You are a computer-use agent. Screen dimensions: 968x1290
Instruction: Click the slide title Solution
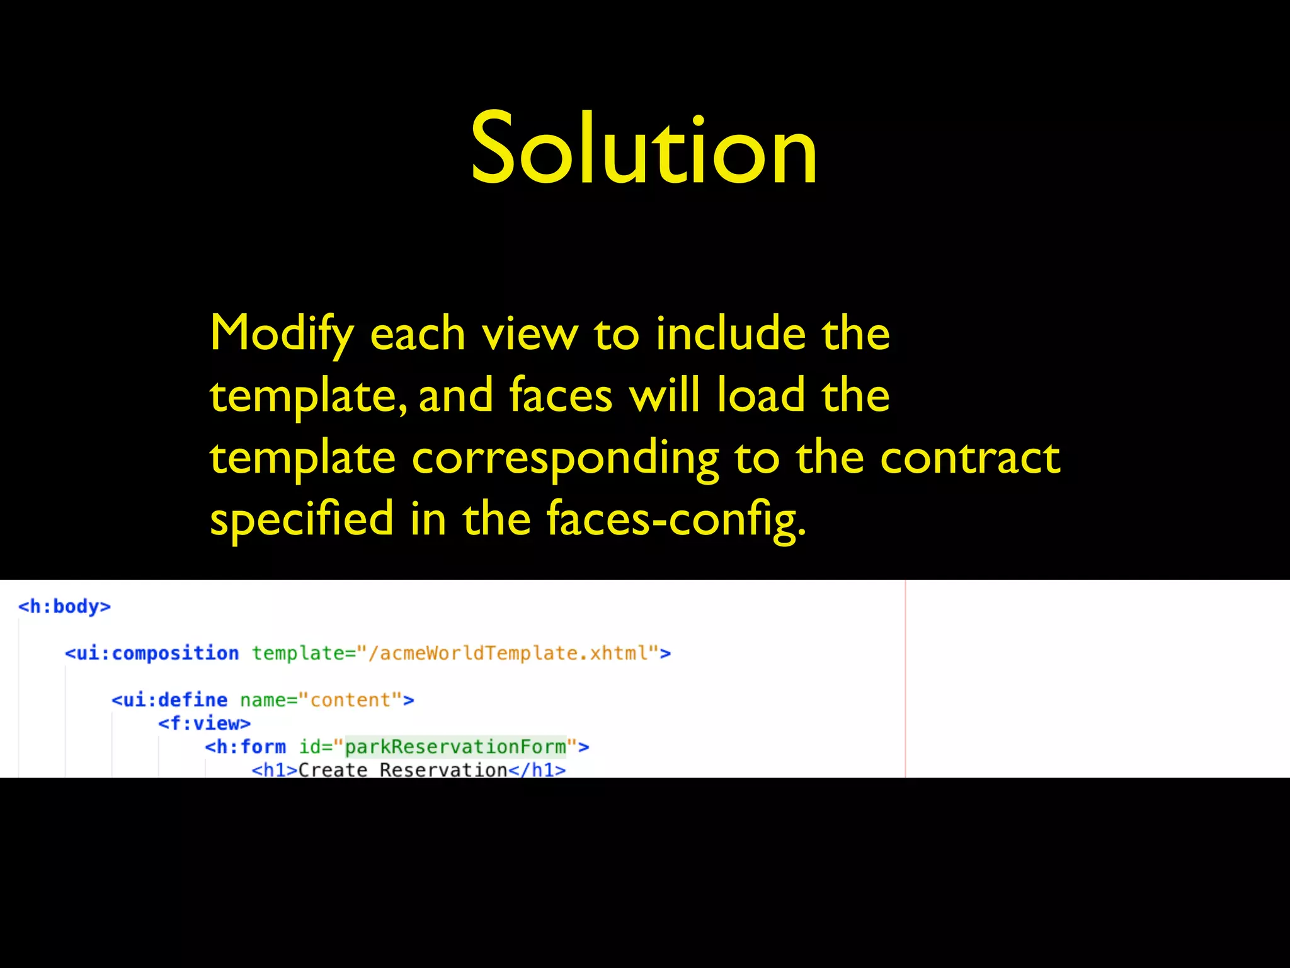(x=644, y=149)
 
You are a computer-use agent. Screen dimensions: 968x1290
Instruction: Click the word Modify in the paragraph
(x=282, y=334)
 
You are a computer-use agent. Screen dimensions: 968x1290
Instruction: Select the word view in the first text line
(x=530, y=334)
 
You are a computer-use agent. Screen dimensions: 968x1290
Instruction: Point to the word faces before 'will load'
(x=561, y=396)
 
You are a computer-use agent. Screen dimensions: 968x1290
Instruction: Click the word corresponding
(x=565, y=459)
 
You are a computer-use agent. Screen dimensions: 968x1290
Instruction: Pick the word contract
(x=970, y=458)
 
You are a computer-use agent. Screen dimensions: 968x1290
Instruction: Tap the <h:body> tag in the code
(x=64, y=606)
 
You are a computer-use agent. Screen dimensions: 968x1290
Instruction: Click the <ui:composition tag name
(x=152, y=653)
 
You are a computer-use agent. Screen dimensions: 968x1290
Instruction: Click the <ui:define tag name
(x=169, y=700)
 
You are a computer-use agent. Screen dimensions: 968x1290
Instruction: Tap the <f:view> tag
(x=204, y=723)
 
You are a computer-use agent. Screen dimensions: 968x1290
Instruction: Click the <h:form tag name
(x=246, y=747)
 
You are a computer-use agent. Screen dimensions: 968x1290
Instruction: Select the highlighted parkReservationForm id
(x=455, y=747)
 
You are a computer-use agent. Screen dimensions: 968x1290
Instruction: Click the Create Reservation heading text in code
(x=402, y=769)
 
